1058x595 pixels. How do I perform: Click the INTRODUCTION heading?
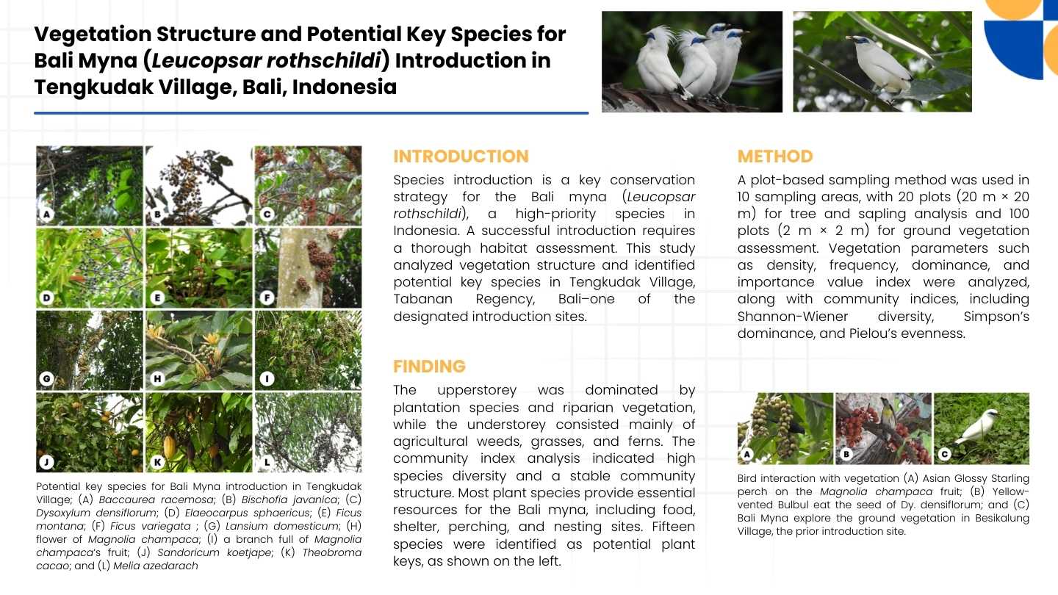[461, 156]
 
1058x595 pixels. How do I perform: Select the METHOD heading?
[775, 156]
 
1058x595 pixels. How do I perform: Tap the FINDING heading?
[429, 367]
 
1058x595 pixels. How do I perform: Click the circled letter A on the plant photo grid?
[46, 214]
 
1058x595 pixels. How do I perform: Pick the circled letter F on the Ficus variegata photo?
[267, 298]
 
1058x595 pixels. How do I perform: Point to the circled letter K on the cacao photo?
[157, 462]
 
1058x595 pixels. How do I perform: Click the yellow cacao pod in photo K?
[169, 447]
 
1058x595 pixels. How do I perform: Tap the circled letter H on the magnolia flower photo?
[157, 379]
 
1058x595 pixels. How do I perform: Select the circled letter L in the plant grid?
[267, 462]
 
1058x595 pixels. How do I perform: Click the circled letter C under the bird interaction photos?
[944, 454]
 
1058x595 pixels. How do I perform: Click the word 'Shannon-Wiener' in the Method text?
[793, 317]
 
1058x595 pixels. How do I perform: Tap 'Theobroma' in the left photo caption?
[331, 552]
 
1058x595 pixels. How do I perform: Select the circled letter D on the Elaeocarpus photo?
[46, 298]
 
